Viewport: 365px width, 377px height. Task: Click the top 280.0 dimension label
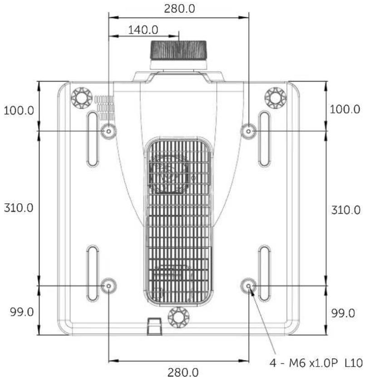tap(179, 9)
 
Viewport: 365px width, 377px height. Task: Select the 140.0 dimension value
tap(143, 30)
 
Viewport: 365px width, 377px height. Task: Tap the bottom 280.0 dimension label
tap(183, 372)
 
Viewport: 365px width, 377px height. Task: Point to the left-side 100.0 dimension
tap(19, 110)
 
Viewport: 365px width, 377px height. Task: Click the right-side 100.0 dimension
tap(345, 109)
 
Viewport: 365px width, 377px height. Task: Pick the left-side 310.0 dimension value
tap(19, 208)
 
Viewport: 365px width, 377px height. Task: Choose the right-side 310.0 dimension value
tap(346, 210)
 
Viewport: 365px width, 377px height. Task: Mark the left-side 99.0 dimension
tap(22, 312)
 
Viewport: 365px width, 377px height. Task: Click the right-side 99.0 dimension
tap(343, 313)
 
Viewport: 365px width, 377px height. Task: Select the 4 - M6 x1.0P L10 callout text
tap(316, 363)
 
